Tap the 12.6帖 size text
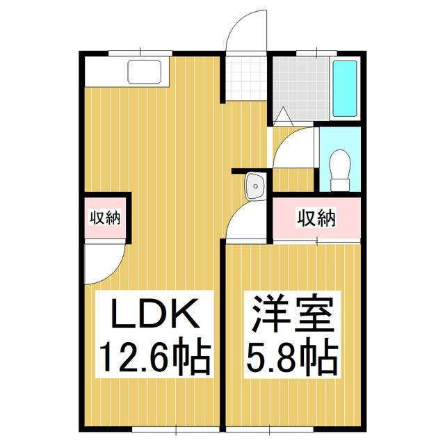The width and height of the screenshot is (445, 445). click(x=153, y=357)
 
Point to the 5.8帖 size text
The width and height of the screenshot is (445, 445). click(x=292, y=357)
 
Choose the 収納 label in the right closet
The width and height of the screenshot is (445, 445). click(x=316, y=218)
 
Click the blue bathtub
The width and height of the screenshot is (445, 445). click(x=345, y=88)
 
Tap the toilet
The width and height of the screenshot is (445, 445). click(x=340, y=170)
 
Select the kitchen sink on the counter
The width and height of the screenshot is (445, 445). click(x=145, y=72)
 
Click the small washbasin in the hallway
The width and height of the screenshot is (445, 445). click(x=254, y=186)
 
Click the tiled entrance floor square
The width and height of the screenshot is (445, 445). click(x=247, y=79)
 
